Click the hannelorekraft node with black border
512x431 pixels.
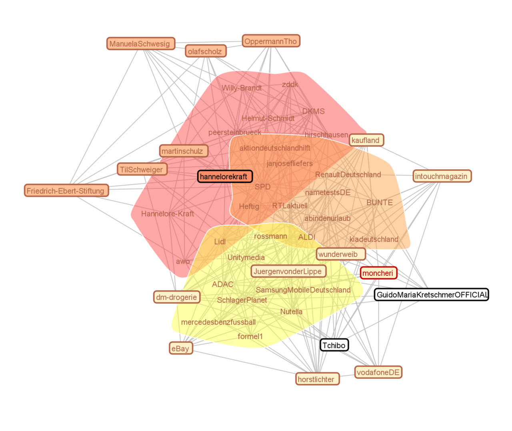click(225, 176)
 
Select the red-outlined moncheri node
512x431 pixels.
click(378, 273)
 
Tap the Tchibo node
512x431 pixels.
click(334, 345)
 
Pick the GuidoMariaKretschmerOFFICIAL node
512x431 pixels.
click(431, 295)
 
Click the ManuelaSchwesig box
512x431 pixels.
click(140, 43)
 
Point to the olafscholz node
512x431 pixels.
click(206, 51)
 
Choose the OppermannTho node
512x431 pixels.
click(271, 41)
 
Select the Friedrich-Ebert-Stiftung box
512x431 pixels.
click(66, 190)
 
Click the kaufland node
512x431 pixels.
click(366, 140)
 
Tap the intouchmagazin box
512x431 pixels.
click(442, 176)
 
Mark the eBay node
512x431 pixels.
click(181, 348)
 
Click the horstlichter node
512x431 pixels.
click(317, 379)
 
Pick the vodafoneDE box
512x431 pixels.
click(378, 372)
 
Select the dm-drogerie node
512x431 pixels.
click(176, 297)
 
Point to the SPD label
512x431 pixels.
click(262, 186)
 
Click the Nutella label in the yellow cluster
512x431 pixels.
click(291, 311)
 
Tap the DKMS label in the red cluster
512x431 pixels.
click(313, 111)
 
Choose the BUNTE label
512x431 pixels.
click(379, 202)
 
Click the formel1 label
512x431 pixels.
click(250, 336)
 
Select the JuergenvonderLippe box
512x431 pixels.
click(288, 271)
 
